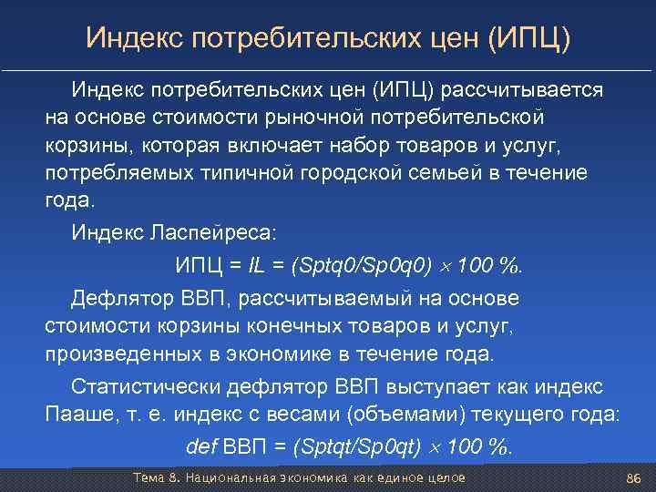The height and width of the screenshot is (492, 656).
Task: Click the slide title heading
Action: [x=328, y=38]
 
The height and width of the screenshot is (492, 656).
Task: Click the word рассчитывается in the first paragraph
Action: [x=523, y=91]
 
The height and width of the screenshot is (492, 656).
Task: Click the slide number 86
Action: [x=634, y=478]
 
